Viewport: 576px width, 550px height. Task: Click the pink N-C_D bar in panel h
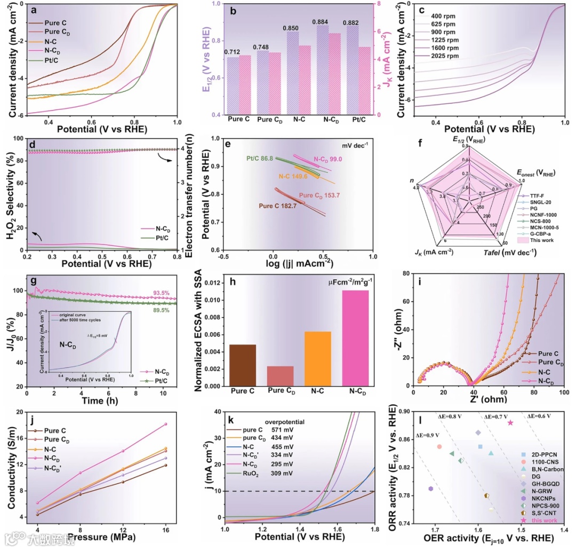coord(351,338)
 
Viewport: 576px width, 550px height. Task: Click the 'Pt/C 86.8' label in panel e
coord(260,159)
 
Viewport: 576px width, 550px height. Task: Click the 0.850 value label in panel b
coord(292,28)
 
